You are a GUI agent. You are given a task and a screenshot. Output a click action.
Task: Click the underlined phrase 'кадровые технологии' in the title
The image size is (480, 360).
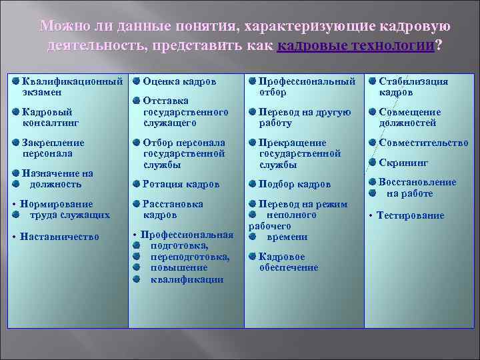point(355,46)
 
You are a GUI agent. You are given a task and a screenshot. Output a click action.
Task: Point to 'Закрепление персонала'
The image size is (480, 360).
point(53,148)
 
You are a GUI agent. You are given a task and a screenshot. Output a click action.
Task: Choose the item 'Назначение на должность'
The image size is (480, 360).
point(57,179)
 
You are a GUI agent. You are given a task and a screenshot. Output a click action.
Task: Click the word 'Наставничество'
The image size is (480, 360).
point(59,237)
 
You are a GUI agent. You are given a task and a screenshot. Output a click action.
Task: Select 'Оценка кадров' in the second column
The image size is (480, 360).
point(179,81)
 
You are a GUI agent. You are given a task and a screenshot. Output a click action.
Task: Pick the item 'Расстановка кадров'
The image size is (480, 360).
point(173,209)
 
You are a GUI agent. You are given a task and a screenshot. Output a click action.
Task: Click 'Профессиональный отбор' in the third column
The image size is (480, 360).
point(307,87)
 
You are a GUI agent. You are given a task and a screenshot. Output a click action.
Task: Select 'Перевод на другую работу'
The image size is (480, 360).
point(304,117)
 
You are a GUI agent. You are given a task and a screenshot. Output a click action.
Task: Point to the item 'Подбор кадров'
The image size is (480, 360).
point(294,184)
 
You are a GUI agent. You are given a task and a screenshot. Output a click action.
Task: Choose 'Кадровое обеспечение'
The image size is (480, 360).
point(288,262)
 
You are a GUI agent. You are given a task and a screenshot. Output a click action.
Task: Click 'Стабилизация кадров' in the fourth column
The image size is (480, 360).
point(413,87)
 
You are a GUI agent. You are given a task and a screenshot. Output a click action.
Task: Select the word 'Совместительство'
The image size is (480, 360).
point(423,143)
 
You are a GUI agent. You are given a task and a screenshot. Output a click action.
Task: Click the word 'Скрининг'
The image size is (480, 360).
point(403,163)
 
